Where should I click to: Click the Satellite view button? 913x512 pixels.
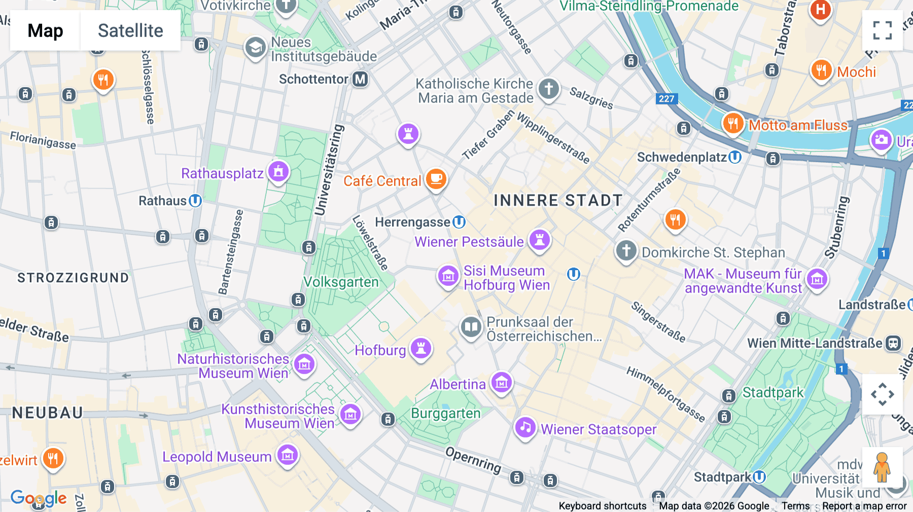pyautogui.click(x=130, y=30)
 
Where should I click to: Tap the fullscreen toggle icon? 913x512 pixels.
pyautogui.click(x=882, y=30)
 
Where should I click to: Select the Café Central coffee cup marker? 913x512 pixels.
pyautogui.click(x=436, y=179)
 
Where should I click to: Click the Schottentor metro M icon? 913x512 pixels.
pyautogui.click(x=360, y=79)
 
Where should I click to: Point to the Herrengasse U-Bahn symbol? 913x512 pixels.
pyautogui.click(x=459, y=222)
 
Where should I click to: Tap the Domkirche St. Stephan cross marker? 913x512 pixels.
pyautogui.click(x=626, y=250)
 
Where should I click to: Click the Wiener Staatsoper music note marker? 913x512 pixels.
pyautogui.click(x=525, y=427)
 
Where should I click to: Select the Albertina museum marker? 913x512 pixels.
pyautogui.click(x=502, y=383)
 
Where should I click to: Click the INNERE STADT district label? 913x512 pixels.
pyautogui.click(x=558, y=201)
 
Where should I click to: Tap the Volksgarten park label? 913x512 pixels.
pyautogui.click(x=341, y=282)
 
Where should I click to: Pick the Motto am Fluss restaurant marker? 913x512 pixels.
pyautogui.click(x=733, y=123)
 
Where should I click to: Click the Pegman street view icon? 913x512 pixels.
pyautogui.click(x=882, y=467)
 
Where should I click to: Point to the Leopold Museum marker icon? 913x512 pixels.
pyautogui.click(x=288, y=455)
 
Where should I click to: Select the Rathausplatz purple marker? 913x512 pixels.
pyautogui.click(x=278, y=172)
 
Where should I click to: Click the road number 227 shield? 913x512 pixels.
pyautogui.click(x=666, y=99)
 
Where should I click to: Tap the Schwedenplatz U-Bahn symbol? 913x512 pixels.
pyautogui.click(x=735, y=157)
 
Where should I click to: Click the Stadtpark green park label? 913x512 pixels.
pyautogui.click(x=773, y=392)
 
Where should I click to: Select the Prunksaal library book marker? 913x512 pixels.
pyautogui.click(x=471, y=327)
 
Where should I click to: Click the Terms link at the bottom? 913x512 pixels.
pyautogui.click(x=795, y=506)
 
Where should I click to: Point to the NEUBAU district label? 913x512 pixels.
pyautogui.click(x=48, y=413)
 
